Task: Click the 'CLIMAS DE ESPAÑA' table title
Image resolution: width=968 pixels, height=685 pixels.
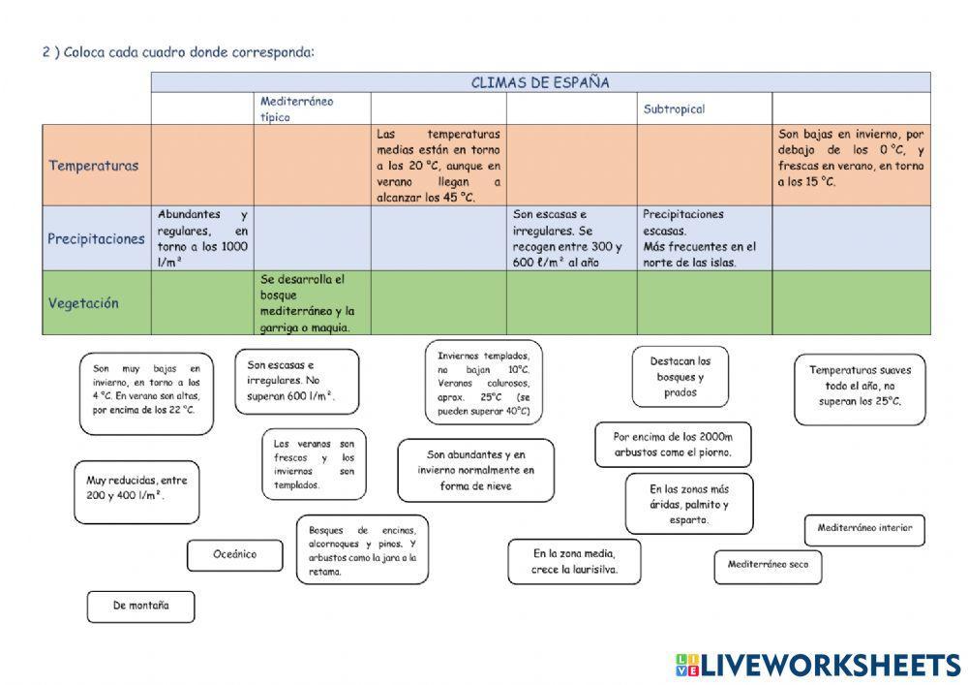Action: click(540, 83)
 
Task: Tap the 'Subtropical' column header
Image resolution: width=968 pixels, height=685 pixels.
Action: click(674, 109)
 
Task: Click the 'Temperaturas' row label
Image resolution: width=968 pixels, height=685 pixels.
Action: click(94, 166)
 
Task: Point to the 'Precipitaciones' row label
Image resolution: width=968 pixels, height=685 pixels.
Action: click(96, 238)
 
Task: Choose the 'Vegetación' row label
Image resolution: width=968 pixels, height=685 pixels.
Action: click(84, 303)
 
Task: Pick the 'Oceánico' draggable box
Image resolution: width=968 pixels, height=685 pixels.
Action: click(234, 555)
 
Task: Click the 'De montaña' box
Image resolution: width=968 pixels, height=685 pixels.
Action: click(140, 606)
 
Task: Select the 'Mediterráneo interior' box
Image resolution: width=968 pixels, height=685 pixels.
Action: click(864, 529)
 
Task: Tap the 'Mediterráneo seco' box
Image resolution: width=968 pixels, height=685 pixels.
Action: click(768, 565)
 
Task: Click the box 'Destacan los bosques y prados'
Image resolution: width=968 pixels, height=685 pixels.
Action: click(680, 377)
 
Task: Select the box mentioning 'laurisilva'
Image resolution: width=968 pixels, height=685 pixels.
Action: click(574, 562)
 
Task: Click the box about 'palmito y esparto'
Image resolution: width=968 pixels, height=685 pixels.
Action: click(688, 504)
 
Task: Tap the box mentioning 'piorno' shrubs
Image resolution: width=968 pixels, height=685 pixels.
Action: click(672, 445)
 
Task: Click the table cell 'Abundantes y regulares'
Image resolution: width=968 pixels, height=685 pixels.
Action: click(202, 238)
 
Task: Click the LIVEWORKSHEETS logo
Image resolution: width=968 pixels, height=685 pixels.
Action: click(817, 664)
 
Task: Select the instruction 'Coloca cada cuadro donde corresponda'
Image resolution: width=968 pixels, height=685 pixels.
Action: click(178, 51)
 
